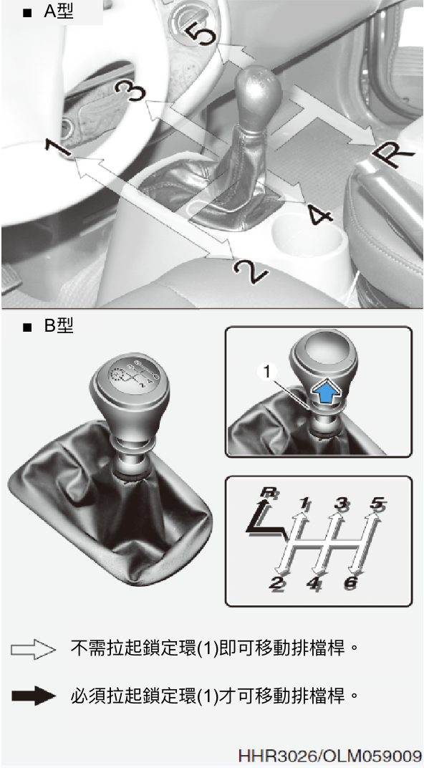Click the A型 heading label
(x=58, y=11)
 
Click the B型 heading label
(x=58, y=326)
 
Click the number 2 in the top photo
(x=251, y=270)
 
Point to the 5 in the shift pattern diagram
(x=377, y=504)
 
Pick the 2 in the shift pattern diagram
(x=277, y=584)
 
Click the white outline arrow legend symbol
(x=33, y=650)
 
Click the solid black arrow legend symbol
(x=33, y=696)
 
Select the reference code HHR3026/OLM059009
(x=329, y=755)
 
